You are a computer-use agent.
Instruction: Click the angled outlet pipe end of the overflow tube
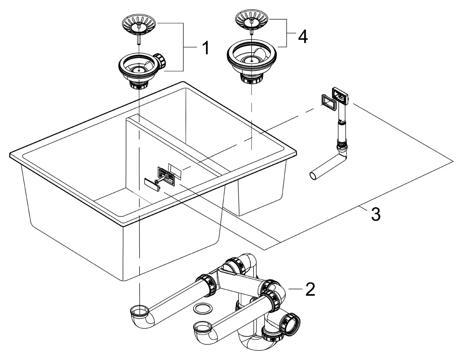[315, 175]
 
